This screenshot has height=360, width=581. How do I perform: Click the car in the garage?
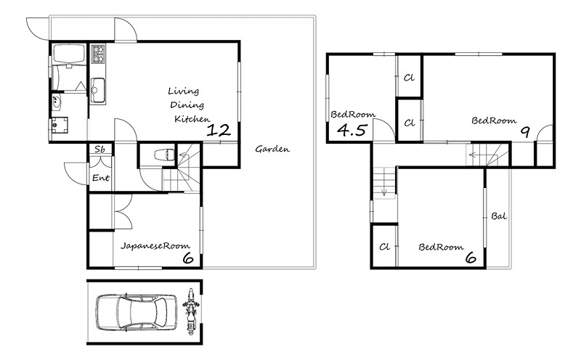pyautogui.click(x=137, y=312)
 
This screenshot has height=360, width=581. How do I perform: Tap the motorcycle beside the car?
pyautogui.click(x=191, y=311)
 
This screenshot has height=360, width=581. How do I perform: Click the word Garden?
pyautogui.click(x=272, y=150)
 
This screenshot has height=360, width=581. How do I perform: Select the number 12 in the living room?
pyautogui.click(x=219, y=130)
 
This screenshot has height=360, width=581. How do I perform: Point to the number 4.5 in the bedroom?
pyautogui.click(x=352, y=130)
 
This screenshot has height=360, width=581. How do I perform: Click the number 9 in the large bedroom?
pyautogui.click(x=525, y=132)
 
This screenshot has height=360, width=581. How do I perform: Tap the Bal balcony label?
pyautogui.click(x=499, y=216)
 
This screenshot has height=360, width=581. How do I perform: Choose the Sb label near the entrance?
pyautogui.click(x=99, y=150)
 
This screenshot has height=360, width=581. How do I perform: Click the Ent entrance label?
pyautogui.click(x=101, y=178)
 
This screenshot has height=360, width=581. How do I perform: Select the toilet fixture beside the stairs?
pyautogui.click(x=163, y=155)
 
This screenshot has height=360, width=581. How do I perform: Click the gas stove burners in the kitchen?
pyautogui.click(x=98, y=54)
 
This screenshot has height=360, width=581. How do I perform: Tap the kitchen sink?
pyautogui.click(x=98, y=91)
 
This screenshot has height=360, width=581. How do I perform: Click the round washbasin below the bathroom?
pyautogui.click(x=57, y=102)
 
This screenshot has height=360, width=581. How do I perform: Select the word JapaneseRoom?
pyautogui.click(x=155, y=245)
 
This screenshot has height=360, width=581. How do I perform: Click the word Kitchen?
pyautogui.click(x=192, y=119)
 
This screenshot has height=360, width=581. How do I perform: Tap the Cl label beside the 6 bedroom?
pyautogui.click(x=385, y=247)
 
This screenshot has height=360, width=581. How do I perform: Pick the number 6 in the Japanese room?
pyautogui.click(x=188, y=258)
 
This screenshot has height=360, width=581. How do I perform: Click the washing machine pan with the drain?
pyautogui.click(x=60, y=125)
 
